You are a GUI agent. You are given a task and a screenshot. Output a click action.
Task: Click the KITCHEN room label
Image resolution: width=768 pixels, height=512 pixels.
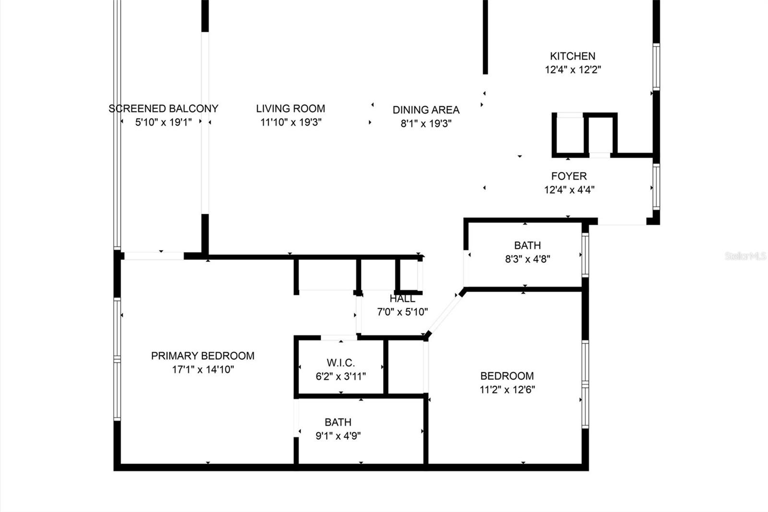tap(573, 56)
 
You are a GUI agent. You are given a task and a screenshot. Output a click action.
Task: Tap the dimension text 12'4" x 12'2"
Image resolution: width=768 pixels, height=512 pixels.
tap(573, 70)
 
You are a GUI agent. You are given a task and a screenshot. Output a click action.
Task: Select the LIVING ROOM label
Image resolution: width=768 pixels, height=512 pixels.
tap(290, 109)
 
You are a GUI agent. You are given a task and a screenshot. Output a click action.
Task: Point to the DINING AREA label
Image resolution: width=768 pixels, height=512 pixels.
tap(426, 110)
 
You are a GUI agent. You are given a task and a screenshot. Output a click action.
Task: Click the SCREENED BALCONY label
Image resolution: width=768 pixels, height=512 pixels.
tap(163, 109)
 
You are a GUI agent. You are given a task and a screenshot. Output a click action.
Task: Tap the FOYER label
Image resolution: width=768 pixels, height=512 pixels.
tap(569, 176)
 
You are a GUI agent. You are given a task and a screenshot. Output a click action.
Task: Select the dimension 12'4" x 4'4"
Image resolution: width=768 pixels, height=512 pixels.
tap(569, 190)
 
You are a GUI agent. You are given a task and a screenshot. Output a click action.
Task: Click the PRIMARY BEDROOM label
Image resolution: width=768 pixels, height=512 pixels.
tap(203, 356)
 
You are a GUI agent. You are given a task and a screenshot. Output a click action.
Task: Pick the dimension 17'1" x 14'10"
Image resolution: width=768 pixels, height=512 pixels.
tap(203, 369)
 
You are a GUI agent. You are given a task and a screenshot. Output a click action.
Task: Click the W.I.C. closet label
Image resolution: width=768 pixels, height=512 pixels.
tap(341, 363)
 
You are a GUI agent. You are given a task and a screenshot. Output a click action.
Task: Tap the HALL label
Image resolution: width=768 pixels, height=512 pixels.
tap(402, 299)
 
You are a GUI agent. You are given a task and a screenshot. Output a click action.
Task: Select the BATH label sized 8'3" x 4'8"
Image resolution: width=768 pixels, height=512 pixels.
tap(527, 245)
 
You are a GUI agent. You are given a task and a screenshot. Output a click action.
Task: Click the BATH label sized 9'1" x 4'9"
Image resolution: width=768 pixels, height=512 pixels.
tap(338, 422)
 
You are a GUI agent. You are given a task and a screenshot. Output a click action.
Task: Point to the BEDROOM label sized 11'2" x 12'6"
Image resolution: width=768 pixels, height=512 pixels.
tap(507, 376)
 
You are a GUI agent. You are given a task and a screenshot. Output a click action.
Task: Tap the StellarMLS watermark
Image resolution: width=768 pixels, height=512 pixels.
tap(745, 256)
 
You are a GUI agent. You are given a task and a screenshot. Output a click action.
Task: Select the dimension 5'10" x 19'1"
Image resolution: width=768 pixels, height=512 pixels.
tap(163, 122)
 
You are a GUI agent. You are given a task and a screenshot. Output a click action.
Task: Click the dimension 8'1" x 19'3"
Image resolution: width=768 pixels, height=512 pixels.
tap(426, 124)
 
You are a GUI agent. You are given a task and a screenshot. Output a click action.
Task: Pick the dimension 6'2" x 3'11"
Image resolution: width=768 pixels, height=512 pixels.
tap(341, 377)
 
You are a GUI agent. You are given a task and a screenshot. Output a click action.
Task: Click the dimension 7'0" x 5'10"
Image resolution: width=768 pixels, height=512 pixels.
tap(402, 312)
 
